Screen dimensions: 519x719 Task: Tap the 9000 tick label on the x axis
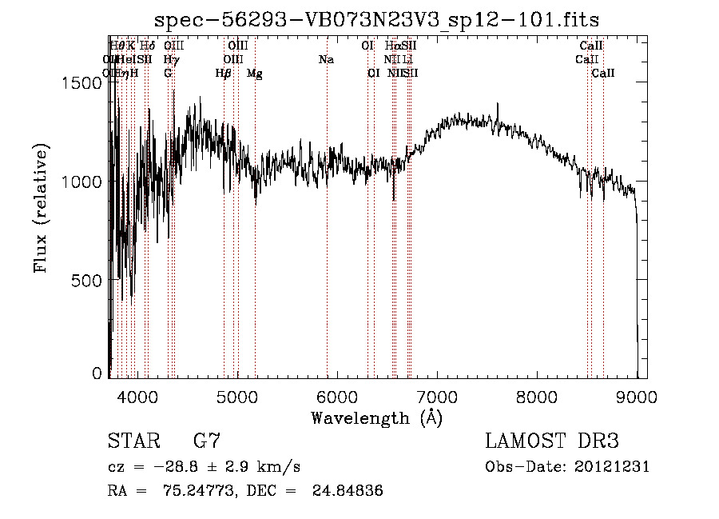click(x=637, y=396)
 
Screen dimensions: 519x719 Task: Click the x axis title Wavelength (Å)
click(x=376, y=417)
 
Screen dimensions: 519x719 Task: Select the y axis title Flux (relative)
click(x=41, y=207)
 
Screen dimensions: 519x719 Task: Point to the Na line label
click(x=326, y=60)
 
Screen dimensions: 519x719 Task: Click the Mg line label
click(x=255, y=74)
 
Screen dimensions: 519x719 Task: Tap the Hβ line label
click(x=223, y=74)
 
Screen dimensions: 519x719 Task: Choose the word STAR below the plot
click(x=133, y=441)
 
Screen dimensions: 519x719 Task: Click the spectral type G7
click(x=206, y=441)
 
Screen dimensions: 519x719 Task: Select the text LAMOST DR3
click(x=552, y=441)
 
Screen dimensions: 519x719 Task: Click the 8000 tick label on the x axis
click(x=537, y=396)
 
